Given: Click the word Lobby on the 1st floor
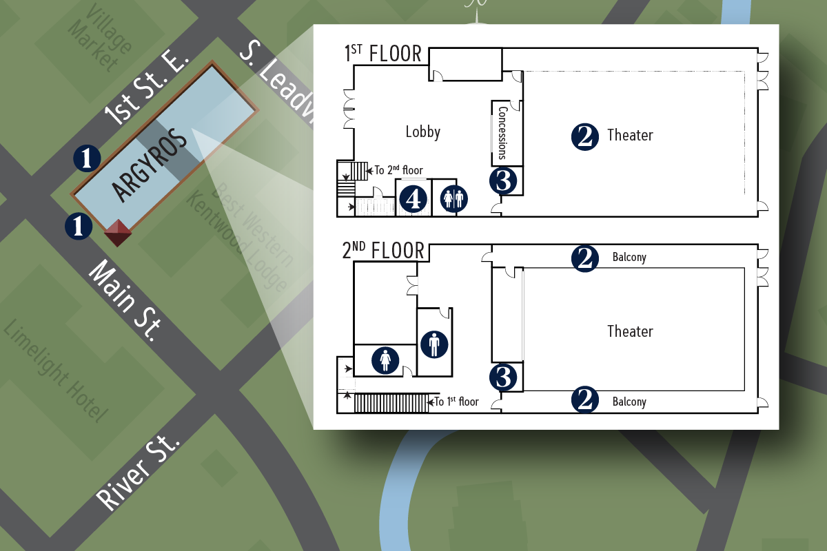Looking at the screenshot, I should pyautogui.click(x=422, y=132).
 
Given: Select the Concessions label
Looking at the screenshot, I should pyautogui.click(x=502, y=132).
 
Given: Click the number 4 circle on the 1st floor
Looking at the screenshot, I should pyautogui.click(x=413, y=200).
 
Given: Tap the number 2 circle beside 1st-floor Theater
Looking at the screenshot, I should pyautogui.click(x=584, y=136).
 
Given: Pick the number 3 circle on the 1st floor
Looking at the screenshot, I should pyautogui.click(x=503, y=181).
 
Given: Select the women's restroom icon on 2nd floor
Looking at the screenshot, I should pyautogui.click(x=385, y=360).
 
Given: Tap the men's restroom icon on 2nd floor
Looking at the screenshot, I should pyautogui.click(x=434, y=344).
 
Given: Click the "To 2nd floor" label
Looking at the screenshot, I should pyautogui.click(x=398, y=170).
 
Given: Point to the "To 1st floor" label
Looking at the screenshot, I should pyautogui.click(x=456, y=402).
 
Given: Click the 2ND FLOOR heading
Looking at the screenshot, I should pyautogui.click(x=383, y=251).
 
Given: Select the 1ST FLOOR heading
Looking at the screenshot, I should pyautogui.click(x=383, y=54).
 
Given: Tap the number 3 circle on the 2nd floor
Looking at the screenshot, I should pyautogui.click(x=503, y=377).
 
